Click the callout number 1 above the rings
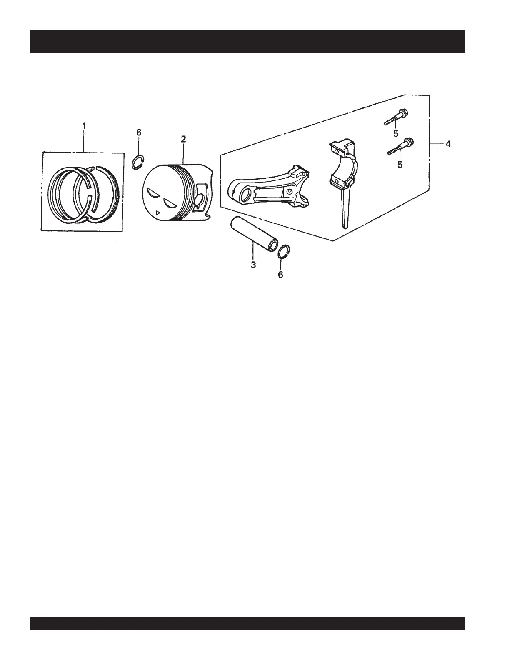(84, 125)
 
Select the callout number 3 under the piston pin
(253, 265)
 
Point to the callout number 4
(447, 144)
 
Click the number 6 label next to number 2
(139, 132)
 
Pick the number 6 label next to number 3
(280, 275)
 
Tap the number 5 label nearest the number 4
(400, 164)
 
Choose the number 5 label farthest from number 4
(396, 133)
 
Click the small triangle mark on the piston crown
(157, 213)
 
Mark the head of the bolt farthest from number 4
(404, 112)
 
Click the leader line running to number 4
(436, 143)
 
